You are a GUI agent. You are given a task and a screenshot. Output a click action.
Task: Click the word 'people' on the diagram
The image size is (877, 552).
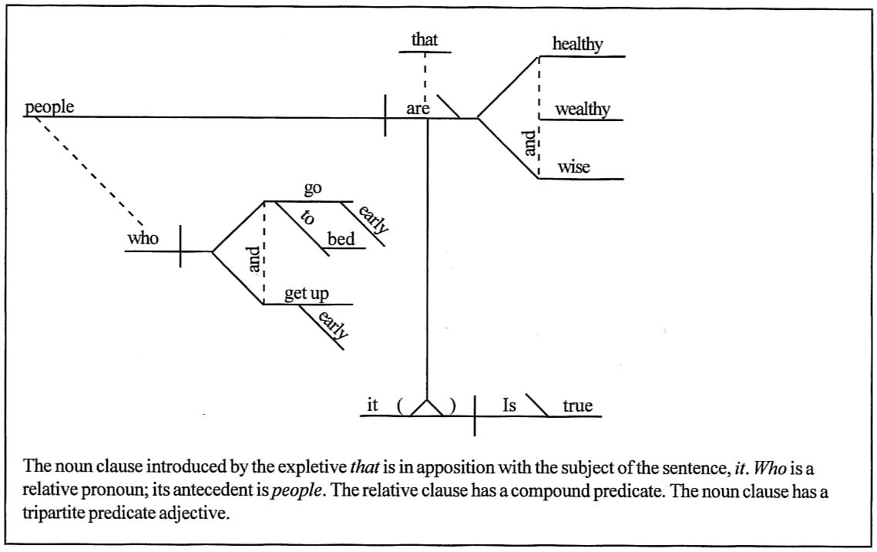click(x=49, y=107)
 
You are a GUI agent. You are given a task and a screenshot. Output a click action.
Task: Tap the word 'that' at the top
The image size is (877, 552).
click(x=425, y=40)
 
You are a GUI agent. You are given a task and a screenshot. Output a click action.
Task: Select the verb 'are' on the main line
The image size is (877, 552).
click(x=418, y=109)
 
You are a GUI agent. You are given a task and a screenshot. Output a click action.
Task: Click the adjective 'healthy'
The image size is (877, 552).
click(x=577, y=45)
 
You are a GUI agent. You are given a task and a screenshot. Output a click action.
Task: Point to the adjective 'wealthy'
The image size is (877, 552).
click(x=582, y=109)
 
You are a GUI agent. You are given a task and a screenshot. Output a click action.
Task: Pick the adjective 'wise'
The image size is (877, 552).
click(x=573, y=167)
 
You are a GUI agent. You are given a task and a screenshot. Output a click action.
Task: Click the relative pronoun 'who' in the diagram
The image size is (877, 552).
click(x=143, y=238)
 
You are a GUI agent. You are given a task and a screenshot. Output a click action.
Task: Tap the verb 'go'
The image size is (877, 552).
click(x=313, y=189)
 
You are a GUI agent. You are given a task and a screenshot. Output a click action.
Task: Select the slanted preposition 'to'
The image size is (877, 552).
click(x=307, y=217)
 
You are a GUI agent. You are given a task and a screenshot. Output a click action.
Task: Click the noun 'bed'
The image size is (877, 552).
click(x=341, y=239)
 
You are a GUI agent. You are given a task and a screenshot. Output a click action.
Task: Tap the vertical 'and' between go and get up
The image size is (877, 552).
click(x=256, y=259)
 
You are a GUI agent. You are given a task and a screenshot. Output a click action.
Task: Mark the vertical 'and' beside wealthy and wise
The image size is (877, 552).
click(x=529, y=143)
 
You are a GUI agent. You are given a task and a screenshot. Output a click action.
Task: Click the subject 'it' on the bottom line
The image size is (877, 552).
click(x=372, y=405)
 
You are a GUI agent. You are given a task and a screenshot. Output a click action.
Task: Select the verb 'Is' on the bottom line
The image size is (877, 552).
click(x=509, y=406)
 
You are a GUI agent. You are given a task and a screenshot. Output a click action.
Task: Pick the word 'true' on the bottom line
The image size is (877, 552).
click(x=577, y=406)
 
